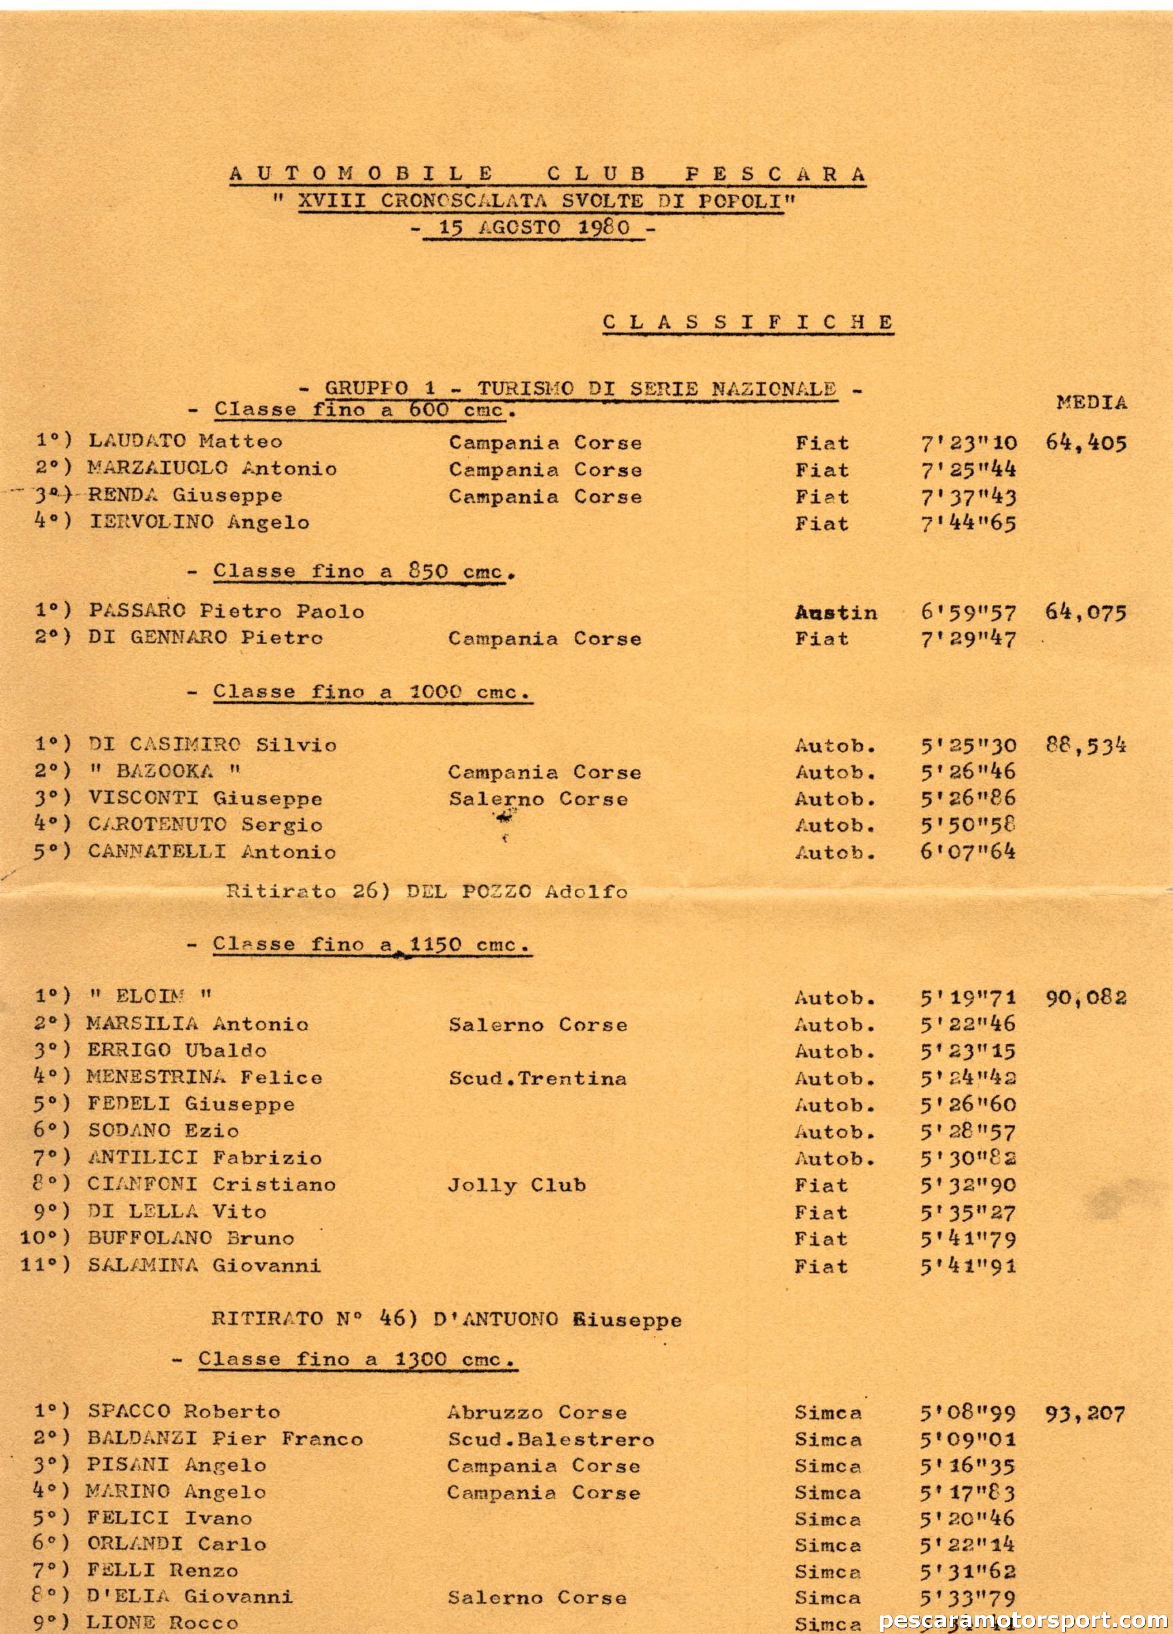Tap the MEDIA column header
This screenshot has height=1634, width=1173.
click(1091, 403)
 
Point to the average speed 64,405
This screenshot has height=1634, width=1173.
click(1085, 443)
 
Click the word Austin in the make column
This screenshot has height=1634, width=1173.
click(836, 613)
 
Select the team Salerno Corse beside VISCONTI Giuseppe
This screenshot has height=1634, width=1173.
click(538, 799)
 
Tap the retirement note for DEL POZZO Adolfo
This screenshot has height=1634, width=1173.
click(427, 892)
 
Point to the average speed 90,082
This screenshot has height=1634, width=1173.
click(1085, 998)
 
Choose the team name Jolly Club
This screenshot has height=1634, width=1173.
click(516, 1185)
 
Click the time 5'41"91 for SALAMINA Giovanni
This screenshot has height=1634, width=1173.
click(967, 1266)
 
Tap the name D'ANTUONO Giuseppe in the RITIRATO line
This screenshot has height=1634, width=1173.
click(558, 1320)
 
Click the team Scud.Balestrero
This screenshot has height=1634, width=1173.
click(550, 1439)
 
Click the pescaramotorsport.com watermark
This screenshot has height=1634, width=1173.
click(1024, 1620)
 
